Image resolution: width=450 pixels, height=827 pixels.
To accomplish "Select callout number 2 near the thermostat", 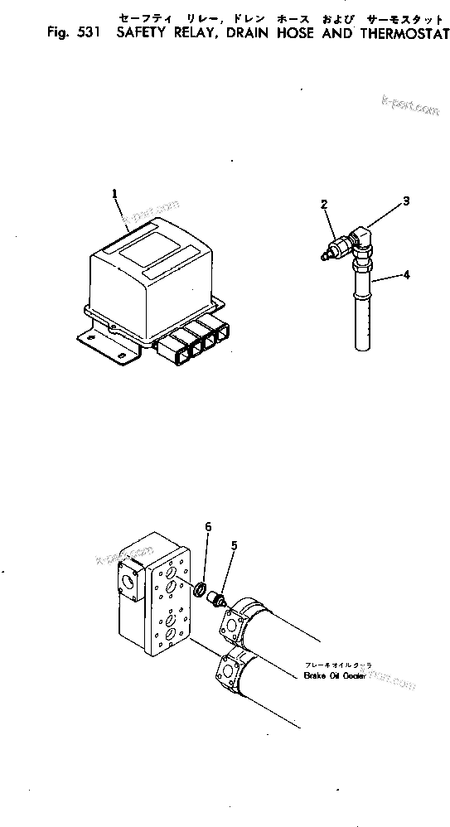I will tap(325, 204).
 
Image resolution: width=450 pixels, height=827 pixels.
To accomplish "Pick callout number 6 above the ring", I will tap(208, 528).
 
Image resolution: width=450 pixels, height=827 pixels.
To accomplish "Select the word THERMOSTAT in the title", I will tap(402, 34).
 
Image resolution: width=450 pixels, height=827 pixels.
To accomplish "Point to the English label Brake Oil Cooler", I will tap(334, 676).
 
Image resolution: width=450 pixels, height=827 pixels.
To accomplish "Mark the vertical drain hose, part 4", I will tap(362, 315).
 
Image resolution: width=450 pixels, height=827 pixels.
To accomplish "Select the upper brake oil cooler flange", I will tap(233, 621).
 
